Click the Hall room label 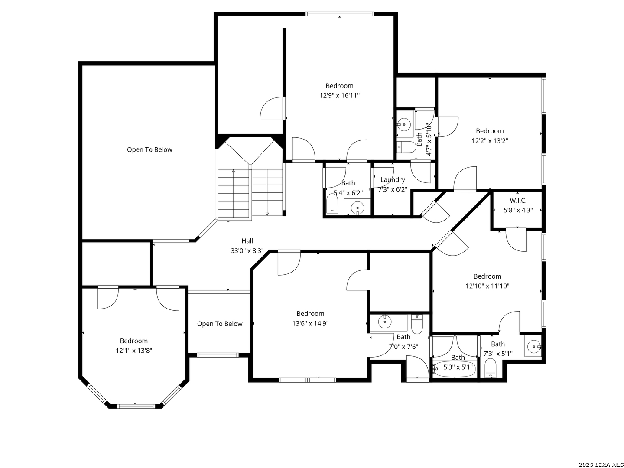pos(247,241)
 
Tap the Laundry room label pos(393,179)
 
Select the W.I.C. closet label pos(518,201)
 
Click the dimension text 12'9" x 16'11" pos(339,95)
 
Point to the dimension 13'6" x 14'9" pos(310,323)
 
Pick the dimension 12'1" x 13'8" pos(133,351)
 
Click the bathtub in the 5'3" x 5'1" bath pos(455,369)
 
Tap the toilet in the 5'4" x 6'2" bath pos(332,204)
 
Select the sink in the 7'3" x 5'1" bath pos(533,347)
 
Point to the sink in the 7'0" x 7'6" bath pos(385,322)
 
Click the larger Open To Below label pos(149,150)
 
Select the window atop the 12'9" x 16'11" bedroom pos(339,14)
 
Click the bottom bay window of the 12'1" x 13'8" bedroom pos(136,406)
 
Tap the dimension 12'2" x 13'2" pos(490,141)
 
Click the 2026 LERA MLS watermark pos(600,465)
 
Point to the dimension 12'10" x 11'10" pos(487,286)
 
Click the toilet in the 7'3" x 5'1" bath pos(491,368)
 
